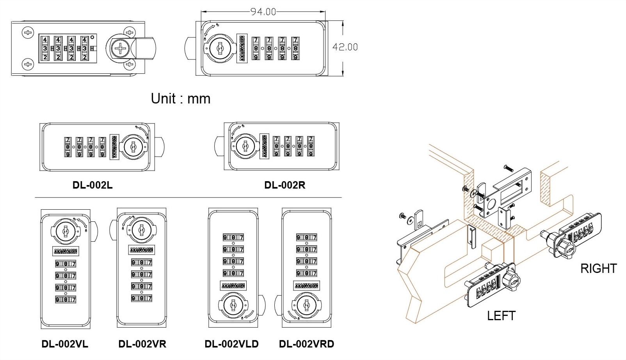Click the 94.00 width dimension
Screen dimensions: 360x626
click(x=263, y=12)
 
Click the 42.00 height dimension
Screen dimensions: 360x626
click(x=345, y=47)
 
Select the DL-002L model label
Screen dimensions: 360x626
click(x=92, y=185)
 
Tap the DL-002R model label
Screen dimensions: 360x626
click(x=285, y=185)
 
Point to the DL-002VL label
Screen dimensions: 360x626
click(x=65, y=344)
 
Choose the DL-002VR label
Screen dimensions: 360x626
click(x=142, y=344)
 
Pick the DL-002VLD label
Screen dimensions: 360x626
click(x=231, y=344)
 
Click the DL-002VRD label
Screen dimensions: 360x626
click(x=306, y=344)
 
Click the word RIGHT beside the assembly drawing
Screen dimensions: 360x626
click(x=598, y=269)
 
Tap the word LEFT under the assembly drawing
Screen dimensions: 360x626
click(x=501, y=315)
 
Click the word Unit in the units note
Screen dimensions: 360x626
click(x=163, y=99)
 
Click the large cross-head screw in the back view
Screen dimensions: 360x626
click(x=119, y=49)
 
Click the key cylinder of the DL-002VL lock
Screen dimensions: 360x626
click(x=65, y=231)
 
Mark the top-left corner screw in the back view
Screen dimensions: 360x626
click(x=28, y=32)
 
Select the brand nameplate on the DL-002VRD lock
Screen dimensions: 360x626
click(x=306, y=285)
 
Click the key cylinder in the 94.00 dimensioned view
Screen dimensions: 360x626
click(x=218, y=48)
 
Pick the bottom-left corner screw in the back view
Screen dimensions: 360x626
click(x=28, y=64)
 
